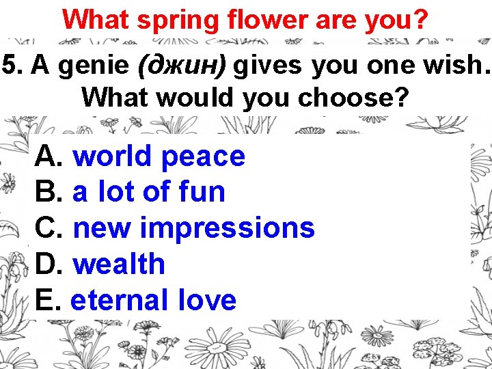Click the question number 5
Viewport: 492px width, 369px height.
pyautogui.click(x=9, y=66)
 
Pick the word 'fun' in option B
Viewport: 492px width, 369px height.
pyautogui.click(x=202, y=192)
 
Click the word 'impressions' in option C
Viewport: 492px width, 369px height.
pyautogui.click(x=227, y=228)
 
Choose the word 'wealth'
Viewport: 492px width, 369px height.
pyautogui.click(x=119, y=264)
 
